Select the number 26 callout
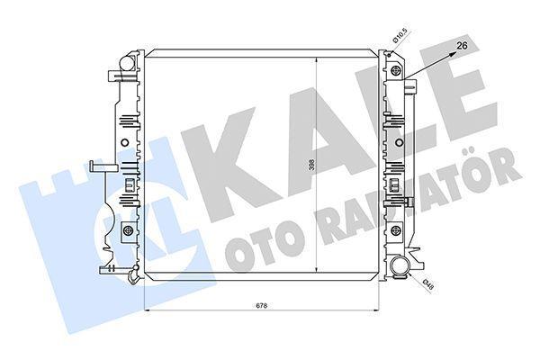tap(462, 44)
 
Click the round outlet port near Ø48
tap(400, 267)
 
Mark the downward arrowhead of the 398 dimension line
tap(316, 275)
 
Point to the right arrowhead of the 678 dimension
tap(378, 310)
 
